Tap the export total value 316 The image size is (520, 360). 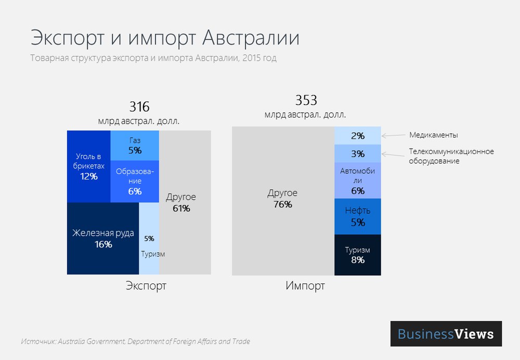(x=139, y=107)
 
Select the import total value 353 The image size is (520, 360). (x=306, y=100)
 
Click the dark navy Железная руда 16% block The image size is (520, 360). (x=103, y=239)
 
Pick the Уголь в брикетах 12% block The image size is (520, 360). (x=88, y=166)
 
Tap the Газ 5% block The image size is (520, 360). (x=135, y=146)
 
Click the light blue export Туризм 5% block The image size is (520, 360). (x=149, y=238)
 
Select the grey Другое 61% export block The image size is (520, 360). (x=185, y=203)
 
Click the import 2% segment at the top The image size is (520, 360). (x=358, y=136)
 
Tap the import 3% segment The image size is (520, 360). (x=358, y=154)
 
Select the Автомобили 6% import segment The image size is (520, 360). (x=358, y=181)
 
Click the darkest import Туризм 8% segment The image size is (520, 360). (x=358, y=254)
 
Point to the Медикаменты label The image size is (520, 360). (x=433, y=135)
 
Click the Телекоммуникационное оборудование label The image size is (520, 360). (x=451, y=156)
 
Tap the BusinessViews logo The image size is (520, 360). (x=446, y=333)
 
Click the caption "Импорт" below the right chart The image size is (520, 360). (x=305, y=286)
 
